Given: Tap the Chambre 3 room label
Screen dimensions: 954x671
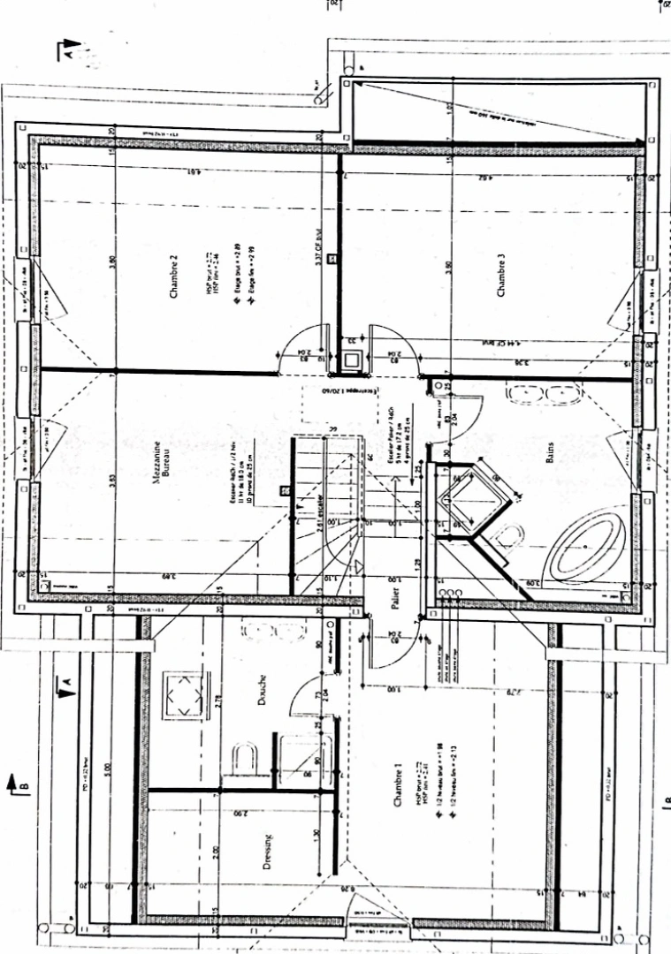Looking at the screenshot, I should pyautogui.click(x=501, y=275).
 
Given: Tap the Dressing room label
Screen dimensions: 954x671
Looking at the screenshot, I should pyautogui.click(x=269, y=852).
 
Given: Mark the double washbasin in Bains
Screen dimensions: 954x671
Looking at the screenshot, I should pyautogui.click(x=541, y=393).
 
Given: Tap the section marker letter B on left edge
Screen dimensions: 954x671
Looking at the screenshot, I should pyautogui.click(x=24, y=783).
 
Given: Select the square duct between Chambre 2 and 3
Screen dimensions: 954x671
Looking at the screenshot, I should pyautogui.click(x=352, y=360).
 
